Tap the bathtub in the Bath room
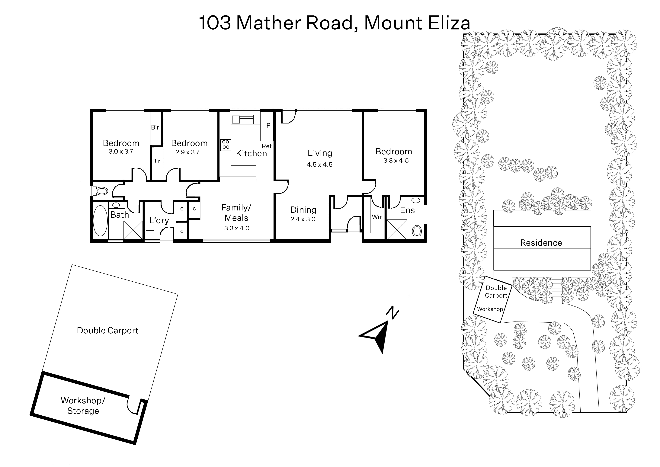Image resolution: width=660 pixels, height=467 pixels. [x=100, y=221]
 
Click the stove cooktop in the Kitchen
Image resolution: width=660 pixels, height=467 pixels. [x=226, y=145]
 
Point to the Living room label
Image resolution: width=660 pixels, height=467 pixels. [x=320, y=153]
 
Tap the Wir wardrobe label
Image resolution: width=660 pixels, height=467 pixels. [x=377, y=217]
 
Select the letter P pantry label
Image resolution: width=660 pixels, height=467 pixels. [x=268, y=125]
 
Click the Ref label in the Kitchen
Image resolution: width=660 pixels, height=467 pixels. [x=267, y=146]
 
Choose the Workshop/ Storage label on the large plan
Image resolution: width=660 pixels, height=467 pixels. [x=83, y=405]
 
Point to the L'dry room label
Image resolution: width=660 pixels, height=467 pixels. [x=159, y=220]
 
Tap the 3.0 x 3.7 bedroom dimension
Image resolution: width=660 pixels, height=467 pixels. [x=121, y=152]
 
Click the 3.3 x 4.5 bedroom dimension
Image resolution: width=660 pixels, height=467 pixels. [x=396, y=160]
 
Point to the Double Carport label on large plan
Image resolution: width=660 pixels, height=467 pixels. [x=107, y=330]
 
